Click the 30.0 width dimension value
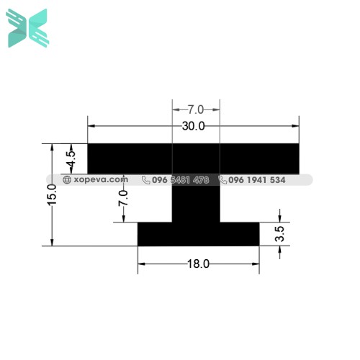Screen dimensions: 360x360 [194, 126]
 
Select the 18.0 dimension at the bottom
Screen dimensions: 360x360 [198, 264]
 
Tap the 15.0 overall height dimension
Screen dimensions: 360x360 [51, 195]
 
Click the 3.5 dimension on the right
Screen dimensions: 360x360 [281, 234]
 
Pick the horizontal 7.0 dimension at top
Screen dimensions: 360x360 [196, 109]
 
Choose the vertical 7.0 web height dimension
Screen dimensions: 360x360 [123, 197]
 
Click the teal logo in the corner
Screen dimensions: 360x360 [27, 28]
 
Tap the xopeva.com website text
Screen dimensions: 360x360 [100, 180]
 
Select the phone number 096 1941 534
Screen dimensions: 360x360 [257, 180]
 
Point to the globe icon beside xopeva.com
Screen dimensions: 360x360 [67, 180]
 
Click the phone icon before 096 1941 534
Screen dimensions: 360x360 [223, 180]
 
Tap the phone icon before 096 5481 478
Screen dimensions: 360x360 [146, 180]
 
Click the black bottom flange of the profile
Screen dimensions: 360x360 [198, 234]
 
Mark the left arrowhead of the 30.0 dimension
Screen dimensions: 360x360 [91, 126]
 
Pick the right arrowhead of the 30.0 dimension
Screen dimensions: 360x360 [296, 126]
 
